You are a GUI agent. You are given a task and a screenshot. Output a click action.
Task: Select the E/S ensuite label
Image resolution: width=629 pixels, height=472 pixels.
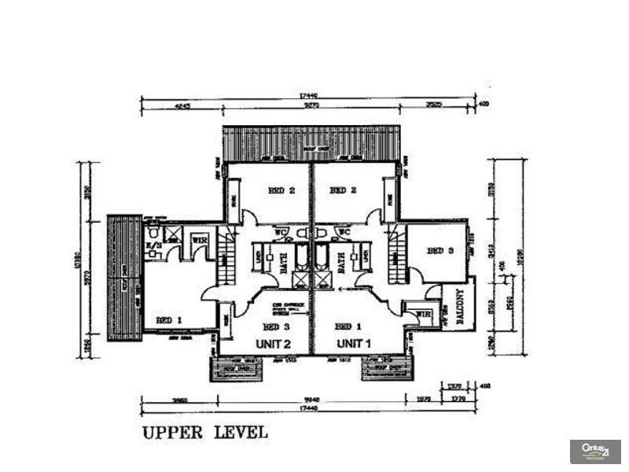tap(154, 245)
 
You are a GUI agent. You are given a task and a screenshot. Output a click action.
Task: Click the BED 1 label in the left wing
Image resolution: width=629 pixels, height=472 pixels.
tap(169, 320)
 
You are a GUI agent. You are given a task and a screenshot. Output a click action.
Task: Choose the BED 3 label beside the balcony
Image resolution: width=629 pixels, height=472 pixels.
tap(440, 251)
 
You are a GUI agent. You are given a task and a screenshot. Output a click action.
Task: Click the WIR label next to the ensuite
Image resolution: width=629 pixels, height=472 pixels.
tap(200, 240)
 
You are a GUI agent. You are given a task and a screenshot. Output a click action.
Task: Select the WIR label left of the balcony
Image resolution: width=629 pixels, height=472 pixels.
tap(424, 314)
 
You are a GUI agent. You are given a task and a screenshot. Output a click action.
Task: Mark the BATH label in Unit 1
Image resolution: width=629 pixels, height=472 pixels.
tap(341, 261)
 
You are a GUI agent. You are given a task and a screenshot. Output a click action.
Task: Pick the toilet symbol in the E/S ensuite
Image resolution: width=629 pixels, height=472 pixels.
tap(153, 234)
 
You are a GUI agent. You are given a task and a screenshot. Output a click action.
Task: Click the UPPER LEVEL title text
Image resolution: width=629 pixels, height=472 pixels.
tap(204, 432)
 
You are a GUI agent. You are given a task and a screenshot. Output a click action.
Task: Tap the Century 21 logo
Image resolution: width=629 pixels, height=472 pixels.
tap(595, 451)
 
